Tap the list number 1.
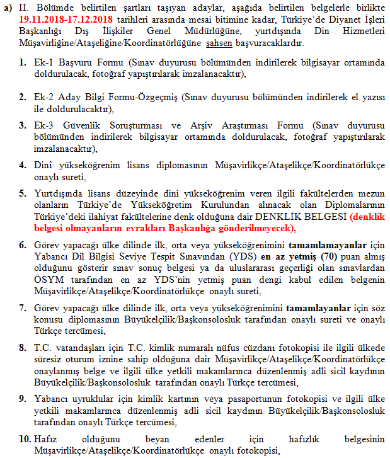click(x=22, y=63)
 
